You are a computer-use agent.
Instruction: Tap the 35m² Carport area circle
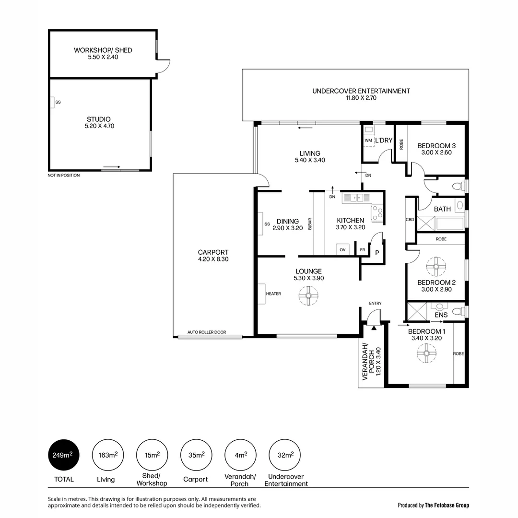pyautogui.click(x=196, y=455)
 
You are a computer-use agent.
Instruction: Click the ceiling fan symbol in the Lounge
pyautogui.click(x=308, y=296)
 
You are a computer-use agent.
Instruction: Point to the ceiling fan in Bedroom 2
pyautogui.click(x=436, y=267)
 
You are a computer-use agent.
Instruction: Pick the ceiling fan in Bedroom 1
pyautogui.click(x=426, y=354)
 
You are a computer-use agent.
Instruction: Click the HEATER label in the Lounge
pyautogui.click(x=273, y=294)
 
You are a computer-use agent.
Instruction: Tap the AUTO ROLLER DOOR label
pyautogui.click(x=206, y=332)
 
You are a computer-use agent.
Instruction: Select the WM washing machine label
pyautogui.click(x=368, y=141)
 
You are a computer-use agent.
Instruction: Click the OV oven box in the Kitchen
pyautogui.click(x=342, y=249)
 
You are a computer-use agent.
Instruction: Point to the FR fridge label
pyautogui.click(x=362, y=250)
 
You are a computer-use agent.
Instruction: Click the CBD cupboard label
pyautogui.click(x=410, y=220)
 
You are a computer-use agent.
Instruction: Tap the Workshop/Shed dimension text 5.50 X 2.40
pyautogui.click(x=103, y=57)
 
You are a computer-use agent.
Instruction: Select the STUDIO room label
pyautogui.click(x=98, y=119)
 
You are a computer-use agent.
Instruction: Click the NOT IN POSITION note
pyautogui.click(x=64, y=176)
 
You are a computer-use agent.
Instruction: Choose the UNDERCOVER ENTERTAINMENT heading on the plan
pyautogui.click(x=361, y=91)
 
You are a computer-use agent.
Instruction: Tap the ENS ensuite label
pyautogui.click(x=441, y=315)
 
